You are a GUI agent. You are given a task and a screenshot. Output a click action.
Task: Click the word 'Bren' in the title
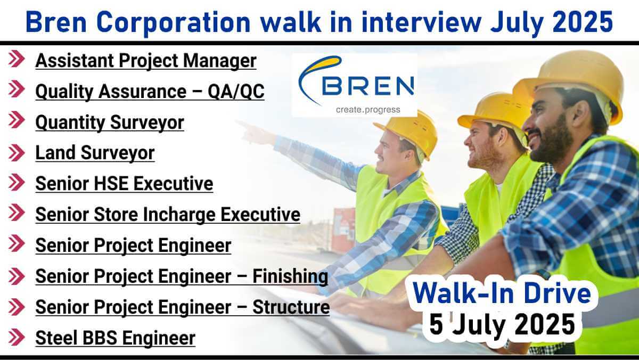click(x=56, y=22)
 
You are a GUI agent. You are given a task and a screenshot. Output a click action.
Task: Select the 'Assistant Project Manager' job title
click(x=146, y=61)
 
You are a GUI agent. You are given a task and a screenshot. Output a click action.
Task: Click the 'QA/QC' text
click(x=236, y=91)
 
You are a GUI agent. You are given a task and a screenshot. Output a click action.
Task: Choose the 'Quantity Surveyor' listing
click(x=110, y=122)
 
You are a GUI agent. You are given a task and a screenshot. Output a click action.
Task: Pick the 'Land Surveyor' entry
click(x=95, y=153)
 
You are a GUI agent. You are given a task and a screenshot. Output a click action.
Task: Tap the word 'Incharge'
click(x=179, y=215)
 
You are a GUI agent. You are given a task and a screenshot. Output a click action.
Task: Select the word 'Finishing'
click(x=290, y=276)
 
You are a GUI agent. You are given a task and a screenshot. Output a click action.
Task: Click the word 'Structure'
click(x=291, y=307)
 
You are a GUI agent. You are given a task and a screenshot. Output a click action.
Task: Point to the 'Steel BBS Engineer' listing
click(x=115, y=338)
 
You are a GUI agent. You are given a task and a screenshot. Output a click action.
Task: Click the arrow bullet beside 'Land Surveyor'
click(x=17, y=153)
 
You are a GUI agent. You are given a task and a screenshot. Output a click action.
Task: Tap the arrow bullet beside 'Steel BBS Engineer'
click(x=17, y=337)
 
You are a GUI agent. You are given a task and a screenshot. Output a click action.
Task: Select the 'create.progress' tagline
click(x=368, y=110)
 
